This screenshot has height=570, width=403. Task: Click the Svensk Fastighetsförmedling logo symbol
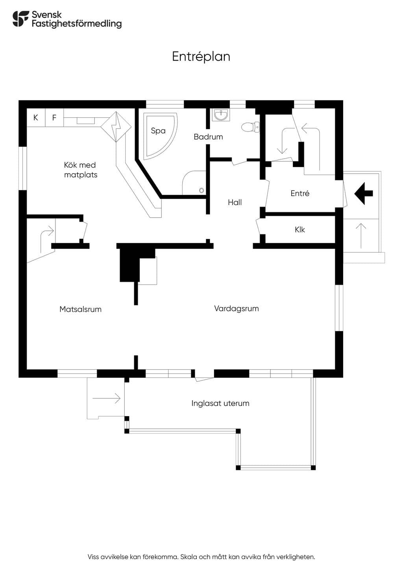(20, 19)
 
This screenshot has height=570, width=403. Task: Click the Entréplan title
(201, 57)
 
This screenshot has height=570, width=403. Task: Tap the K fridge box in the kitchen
(36, 118)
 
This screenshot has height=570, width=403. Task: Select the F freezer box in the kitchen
(54, 118)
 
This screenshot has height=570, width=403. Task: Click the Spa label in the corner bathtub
(158, 131)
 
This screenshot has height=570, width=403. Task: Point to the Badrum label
(208, 137)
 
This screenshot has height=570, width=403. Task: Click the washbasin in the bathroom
(220, 115)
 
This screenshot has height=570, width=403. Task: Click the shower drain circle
(201, 190)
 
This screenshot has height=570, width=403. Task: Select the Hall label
(235, 203)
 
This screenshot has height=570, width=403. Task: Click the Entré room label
(300, 193)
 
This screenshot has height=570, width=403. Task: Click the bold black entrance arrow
(364, 193)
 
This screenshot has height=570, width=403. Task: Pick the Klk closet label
(300, 230)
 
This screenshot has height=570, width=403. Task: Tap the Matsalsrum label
(80, 309)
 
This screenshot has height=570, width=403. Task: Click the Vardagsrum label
(237, 309)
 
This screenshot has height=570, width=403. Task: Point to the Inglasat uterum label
(220, 403)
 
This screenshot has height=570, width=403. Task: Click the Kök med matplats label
(80, 170)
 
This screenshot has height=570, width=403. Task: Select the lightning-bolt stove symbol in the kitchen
(116, 126)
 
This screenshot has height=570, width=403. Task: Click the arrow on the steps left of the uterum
(106, 398)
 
